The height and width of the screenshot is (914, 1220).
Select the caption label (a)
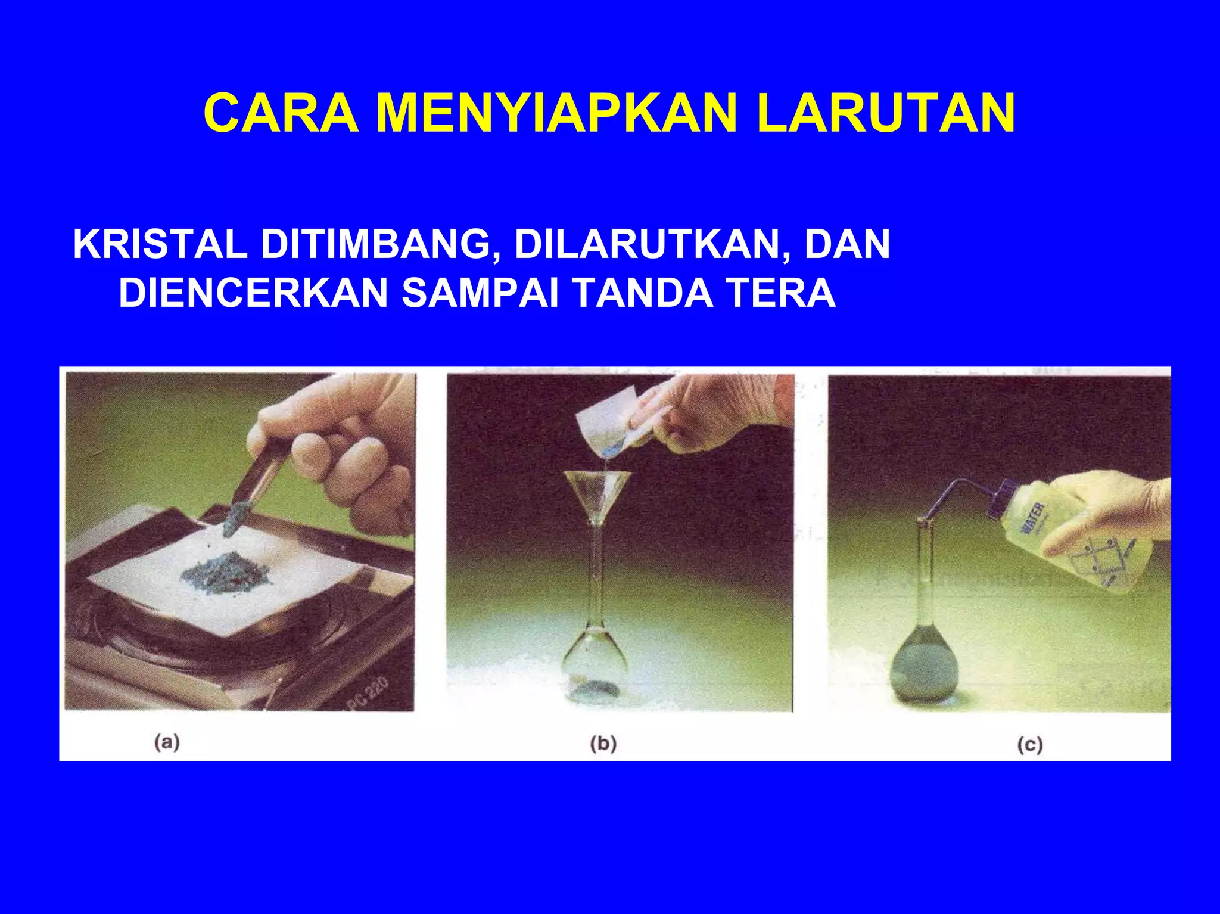click(167, 742)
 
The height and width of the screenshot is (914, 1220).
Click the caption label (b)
click(603, 744)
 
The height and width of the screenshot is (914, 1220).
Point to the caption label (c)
click(1030, 745)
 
